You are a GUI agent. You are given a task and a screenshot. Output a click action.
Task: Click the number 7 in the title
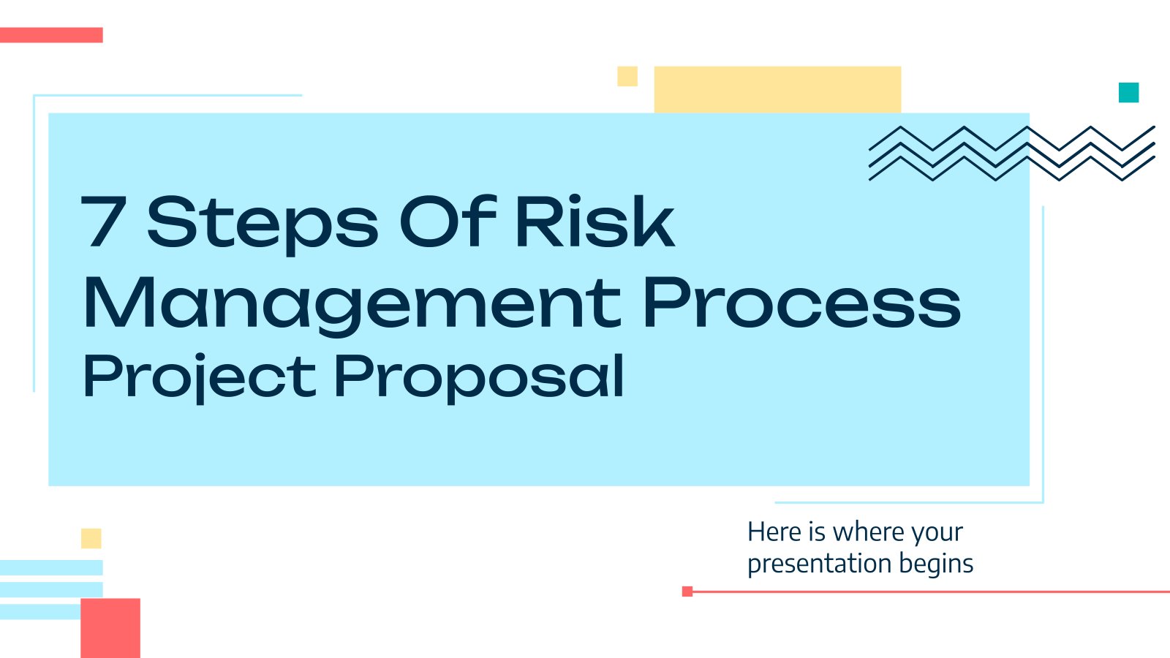pyautogui.click(x=104, y=222)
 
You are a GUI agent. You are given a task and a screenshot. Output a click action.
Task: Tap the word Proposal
pyautogui.click(x=479, y=378)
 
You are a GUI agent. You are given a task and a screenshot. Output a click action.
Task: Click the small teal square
pyautogui.click(x=1129, y=92)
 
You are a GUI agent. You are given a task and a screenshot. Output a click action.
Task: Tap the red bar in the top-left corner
pyautogui.click(x=51, y=35)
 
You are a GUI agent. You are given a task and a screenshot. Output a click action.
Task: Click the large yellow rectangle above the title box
pyautogui.click(x=778, y=90)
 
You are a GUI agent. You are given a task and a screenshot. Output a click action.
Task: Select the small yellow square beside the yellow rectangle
pyautogui.click(x=627, y=76)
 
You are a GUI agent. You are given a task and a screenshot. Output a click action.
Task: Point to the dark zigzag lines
pyautogui.click(x=1012, y=154)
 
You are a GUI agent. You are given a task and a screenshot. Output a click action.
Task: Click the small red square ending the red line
pyautogui.click(x=687, y=591)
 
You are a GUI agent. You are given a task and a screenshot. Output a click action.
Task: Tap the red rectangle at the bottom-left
pyautogui.click(x=110, y=628)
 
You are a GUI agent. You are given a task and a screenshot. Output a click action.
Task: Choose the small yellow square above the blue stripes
pyautogui.click(x=91, y=538)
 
